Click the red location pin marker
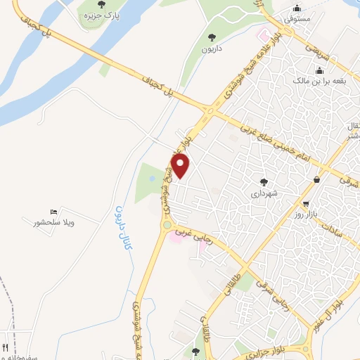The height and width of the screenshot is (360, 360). coord(181,167)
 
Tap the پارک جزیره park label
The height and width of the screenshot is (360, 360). coord(102,15)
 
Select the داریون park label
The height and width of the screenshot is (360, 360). coord(212,50)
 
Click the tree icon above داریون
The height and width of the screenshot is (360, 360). coord(212,37)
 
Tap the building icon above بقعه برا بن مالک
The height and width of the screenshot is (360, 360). coord(320,70)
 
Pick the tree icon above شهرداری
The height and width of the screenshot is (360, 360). coord(264,181)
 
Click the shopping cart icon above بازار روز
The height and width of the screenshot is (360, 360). coord(318,179)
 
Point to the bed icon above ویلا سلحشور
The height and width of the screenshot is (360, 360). coord(53,212)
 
